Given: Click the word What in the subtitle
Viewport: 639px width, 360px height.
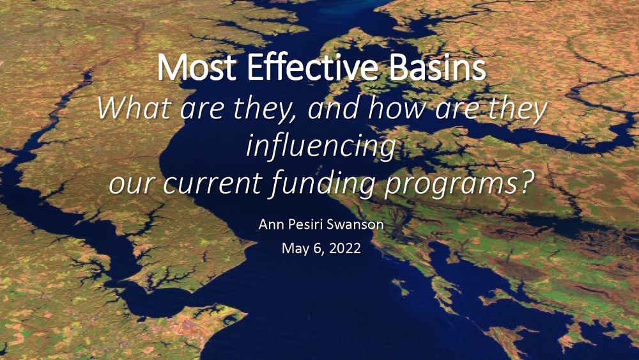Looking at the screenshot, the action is point(134,109).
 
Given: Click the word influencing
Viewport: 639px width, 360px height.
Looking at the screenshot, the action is point(321,147).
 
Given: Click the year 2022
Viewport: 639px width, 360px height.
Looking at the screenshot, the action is point(345,248).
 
